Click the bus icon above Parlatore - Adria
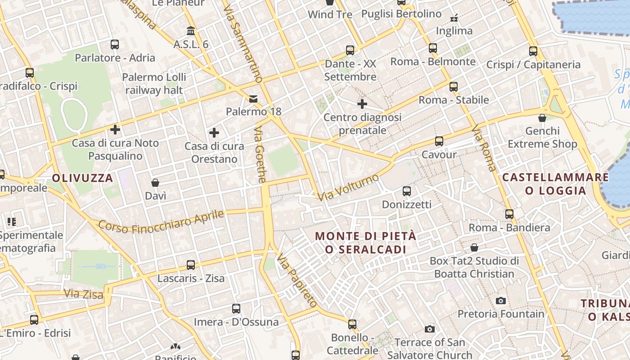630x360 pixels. (115, 44)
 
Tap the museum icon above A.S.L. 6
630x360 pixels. (191, 31)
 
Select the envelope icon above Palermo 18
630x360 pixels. (253, 99)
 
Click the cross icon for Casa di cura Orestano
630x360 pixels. (214, 132)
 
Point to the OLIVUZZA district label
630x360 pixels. (82, 178)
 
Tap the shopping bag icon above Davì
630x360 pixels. (155, 182)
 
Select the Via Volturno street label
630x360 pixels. (348, 187)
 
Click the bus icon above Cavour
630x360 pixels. (439, 141)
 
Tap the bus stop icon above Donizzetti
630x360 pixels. (407, 191)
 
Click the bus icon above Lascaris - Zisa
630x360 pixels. (191, 265)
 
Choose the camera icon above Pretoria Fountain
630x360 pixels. (500, 300)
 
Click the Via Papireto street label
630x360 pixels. (297, 280)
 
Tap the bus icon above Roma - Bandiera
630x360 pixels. (509, 214)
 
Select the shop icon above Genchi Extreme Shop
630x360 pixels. (542, 118)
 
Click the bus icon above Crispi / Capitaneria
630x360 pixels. (533, 51)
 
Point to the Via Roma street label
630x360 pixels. (484, 148)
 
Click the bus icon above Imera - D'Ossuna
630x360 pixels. (236, 308)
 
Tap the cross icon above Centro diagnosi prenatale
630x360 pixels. (362, 104)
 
